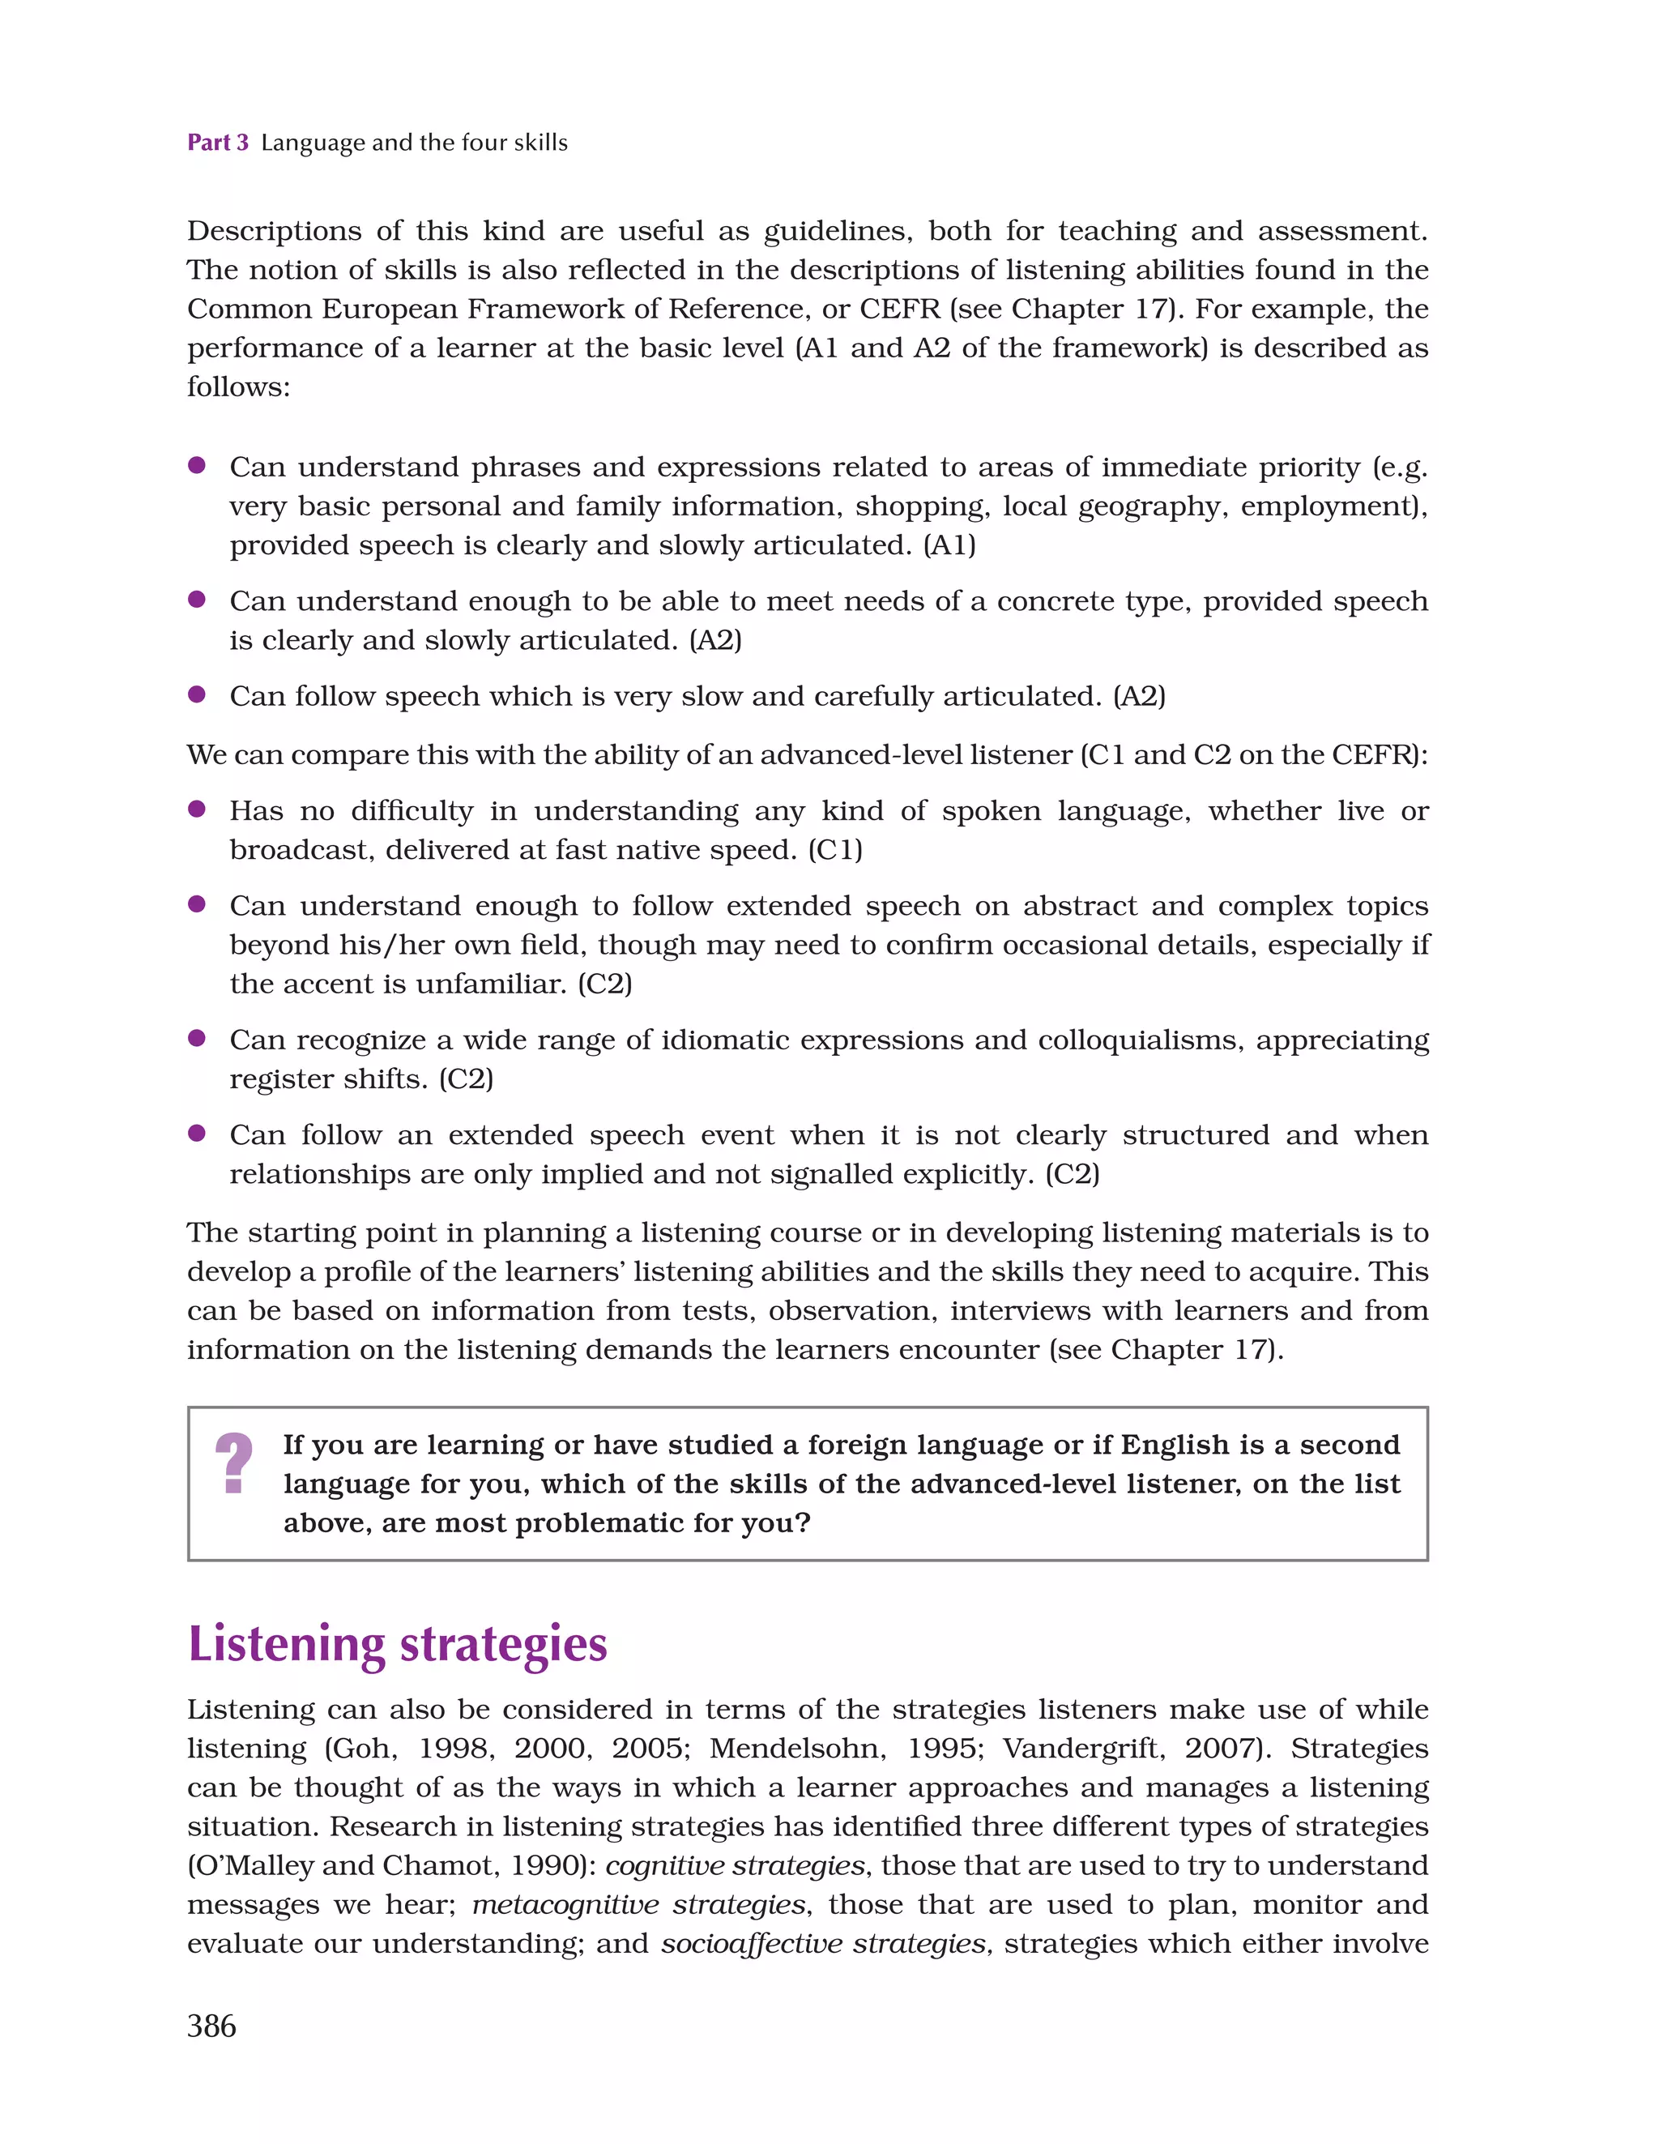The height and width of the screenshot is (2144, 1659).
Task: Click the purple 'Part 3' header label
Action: [x=217, y=143]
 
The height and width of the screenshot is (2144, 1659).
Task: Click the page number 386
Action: [x=212, y=2027]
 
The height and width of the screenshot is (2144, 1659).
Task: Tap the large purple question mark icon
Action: [x=233, y=1463]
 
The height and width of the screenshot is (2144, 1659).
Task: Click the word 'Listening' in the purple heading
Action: [x=286, y=1646]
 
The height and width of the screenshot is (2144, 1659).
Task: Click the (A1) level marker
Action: [x=949, y=546]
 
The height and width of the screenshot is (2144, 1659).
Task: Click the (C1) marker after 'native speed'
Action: [x=835, y=850]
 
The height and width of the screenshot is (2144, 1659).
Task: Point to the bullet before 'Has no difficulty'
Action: [x=196, y=809]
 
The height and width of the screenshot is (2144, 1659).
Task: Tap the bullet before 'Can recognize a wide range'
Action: [x=196, y=1038]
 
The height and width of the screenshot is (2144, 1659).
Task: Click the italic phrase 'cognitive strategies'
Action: [x=736, y=1865]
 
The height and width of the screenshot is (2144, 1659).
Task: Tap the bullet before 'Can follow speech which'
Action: [x=196, y=694]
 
